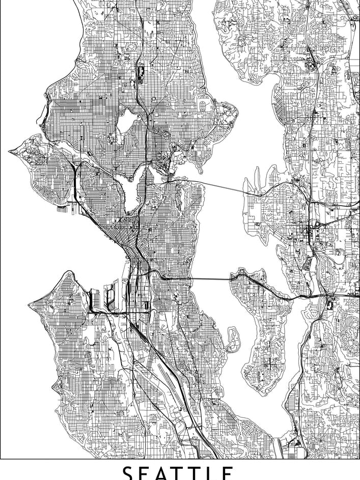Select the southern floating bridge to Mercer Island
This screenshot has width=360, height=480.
[199, 279]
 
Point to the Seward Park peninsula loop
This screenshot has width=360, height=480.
[233, 338]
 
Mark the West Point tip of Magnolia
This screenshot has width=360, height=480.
[10, 151]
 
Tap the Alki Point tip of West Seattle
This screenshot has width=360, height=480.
[30, 305]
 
